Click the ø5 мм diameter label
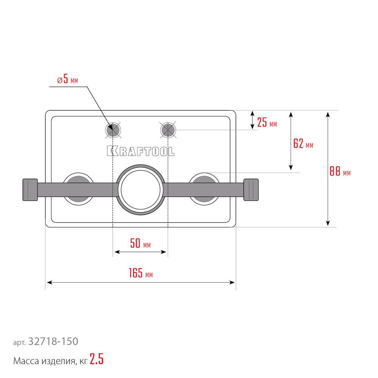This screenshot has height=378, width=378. point(68,79)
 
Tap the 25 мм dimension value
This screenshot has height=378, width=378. point(267,122)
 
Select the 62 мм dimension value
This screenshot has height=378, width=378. point(303,144)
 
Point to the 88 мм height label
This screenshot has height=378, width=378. point(340,171)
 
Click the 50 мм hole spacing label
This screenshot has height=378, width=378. point(140,243)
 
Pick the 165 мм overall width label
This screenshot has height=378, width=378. point(141,273)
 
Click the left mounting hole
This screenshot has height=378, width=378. point(113,130)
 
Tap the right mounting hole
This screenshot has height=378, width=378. point(168,130)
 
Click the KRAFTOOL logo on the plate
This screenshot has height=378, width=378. point(141,151)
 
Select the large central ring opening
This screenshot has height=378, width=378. point(141,190)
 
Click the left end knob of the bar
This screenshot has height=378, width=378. point(30,190)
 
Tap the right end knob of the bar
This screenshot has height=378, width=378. point(251,190)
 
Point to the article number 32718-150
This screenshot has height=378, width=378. point(53,341)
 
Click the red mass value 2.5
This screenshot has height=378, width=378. point(97,359)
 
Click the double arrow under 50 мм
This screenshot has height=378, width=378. point(140,252)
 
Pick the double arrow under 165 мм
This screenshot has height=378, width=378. point(141,282)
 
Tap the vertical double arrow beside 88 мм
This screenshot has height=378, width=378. point(328,169)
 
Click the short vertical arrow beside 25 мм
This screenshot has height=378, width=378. point(253,120)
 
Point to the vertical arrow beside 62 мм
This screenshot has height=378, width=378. point(291,141)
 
